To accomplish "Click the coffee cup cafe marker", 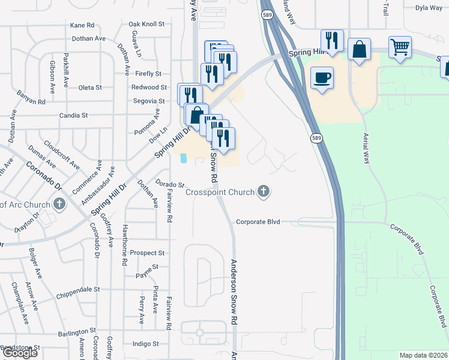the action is coord(322,78).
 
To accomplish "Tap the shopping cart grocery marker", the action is coord(400,47).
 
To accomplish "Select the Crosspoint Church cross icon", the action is coord(263,192).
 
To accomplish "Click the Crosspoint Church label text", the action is coord(220,193).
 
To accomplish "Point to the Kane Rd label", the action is coord(82,25).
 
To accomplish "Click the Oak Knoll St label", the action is coord(146,24).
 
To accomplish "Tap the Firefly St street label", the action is coord(149,74).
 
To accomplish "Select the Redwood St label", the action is coord(148,88).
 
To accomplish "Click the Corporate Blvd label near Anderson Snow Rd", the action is coord(258,222).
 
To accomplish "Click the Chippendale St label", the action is coord(78,289).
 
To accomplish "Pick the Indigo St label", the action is coord(145,344).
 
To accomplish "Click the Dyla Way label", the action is coord(429,8).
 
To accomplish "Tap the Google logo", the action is coord(20,353).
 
